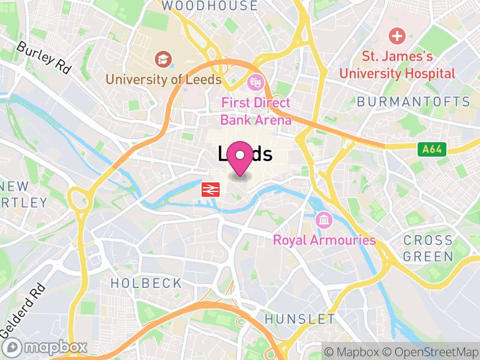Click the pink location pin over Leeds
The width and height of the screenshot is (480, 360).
tap(241, 157)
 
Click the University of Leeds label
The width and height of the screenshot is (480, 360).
tap(164, 79)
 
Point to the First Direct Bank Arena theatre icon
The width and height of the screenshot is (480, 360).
tap(256, 80)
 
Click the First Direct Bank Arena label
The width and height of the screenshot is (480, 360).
tap(256, 111)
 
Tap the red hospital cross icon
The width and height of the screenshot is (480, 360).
tap(397, 36)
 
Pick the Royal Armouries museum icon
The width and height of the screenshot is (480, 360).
tap(324, 220)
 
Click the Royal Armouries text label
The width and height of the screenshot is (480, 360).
tap(324, 241)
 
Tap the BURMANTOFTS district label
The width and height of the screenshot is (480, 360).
tap(413, 101)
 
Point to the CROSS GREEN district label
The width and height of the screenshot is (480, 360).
tap(428, 248)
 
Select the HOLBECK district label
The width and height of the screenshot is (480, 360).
tap(146, 283)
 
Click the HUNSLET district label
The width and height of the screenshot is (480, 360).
tap(299, 318)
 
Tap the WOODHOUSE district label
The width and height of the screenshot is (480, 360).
tap(209, 6)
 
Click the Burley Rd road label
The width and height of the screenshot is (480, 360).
tap(44, 57)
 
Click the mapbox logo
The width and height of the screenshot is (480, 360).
tap(46, 347)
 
